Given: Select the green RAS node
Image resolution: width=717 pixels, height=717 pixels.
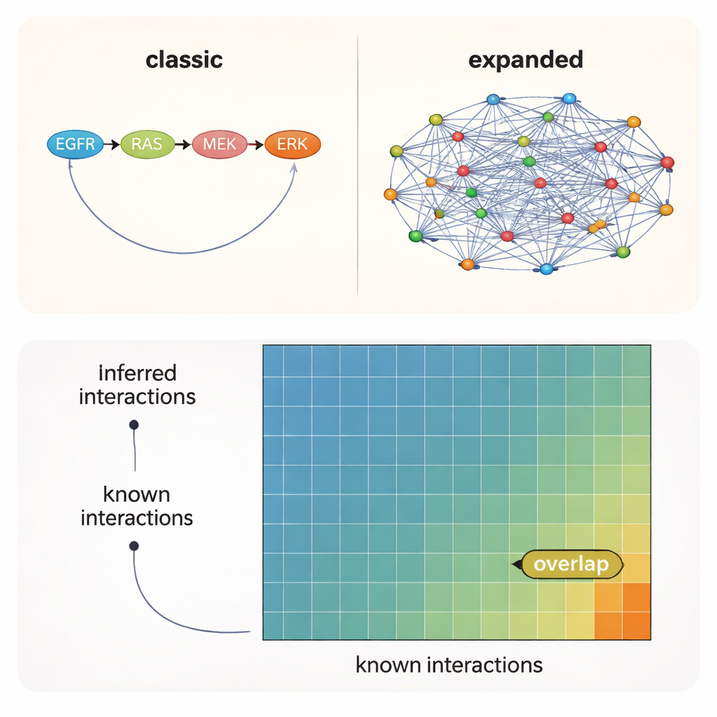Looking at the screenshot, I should click(x=147, y=144).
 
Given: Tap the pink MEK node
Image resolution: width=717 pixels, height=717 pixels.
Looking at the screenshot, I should click(x=219, y=144).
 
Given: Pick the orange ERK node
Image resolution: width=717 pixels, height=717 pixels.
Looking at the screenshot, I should click(x=293, y=144).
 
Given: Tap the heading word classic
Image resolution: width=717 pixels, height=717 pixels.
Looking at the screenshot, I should click(x=184, y=60).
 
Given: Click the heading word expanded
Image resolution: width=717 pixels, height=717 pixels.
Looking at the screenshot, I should click(x=525, y=60).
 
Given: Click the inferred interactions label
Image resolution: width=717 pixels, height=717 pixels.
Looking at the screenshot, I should click(x=137, y=384).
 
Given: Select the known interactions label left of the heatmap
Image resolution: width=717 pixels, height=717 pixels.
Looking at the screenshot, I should click(x=137, y=506).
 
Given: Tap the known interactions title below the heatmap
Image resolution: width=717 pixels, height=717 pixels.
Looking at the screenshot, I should click(x=449, y=664).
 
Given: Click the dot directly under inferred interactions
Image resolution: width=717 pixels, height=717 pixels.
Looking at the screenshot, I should click(x=134, y=424).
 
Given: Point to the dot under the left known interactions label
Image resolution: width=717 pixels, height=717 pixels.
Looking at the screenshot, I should click(x=134, y=545).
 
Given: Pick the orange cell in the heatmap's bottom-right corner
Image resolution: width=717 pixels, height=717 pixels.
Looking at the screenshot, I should click(x=636, y=625).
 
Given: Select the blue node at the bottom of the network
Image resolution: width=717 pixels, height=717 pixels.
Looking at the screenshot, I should click(x=546, y=269).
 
